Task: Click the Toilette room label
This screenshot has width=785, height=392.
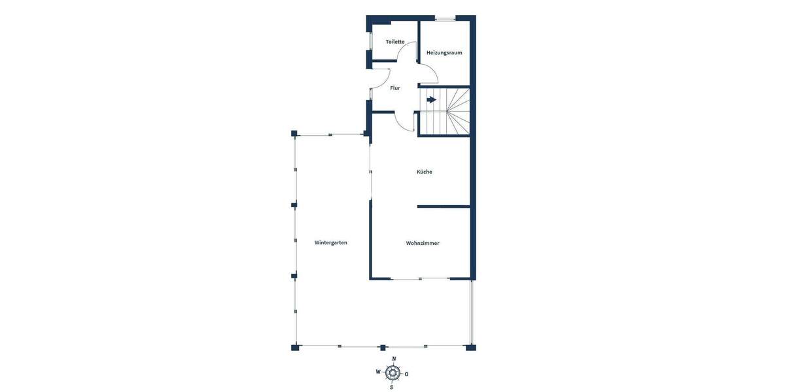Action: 395,42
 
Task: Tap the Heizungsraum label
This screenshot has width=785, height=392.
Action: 444,52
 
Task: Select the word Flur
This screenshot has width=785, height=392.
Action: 395,88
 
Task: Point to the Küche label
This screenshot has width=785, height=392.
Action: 425,172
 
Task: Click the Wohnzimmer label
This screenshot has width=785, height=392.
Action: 423,243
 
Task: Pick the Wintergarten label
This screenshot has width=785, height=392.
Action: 331,242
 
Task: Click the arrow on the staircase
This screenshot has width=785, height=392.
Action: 432,100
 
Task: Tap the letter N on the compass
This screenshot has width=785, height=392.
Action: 394,359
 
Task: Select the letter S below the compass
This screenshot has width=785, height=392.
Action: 392,387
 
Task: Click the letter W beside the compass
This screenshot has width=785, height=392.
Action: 378,372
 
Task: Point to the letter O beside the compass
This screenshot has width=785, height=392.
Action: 407,374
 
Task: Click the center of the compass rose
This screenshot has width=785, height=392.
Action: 392,373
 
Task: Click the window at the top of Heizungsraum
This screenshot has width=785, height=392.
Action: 446,19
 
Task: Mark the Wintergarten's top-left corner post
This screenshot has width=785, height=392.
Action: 294,134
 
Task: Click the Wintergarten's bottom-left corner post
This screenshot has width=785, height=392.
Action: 295,347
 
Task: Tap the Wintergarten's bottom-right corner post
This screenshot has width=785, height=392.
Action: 470,347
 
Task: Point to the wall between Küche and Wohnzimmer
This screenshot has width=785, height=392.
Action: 444,206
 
